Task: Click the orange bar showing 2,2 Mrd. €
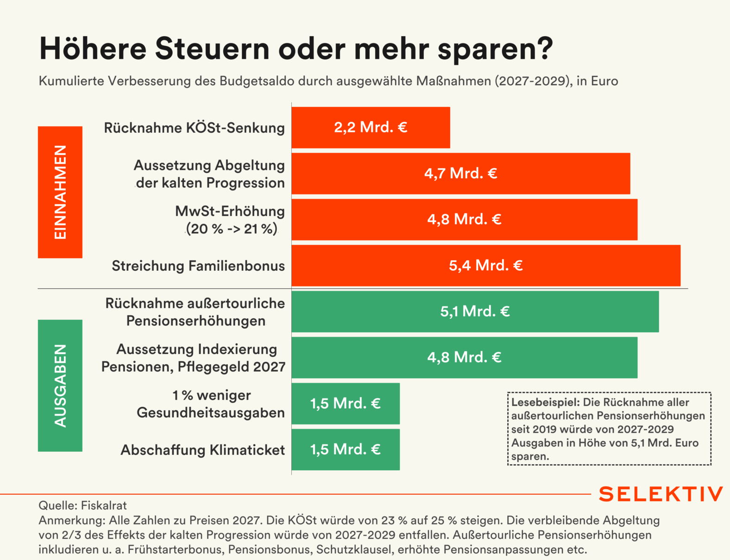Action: tap(371, 128)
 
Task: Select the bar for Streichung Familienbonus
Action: tap(485, 266)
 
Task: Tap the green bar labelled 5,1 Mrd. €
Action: tap(475, 311)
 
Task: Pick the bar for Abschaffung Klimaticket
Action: tap(345, 449)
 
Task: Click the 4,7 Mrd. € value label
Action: tap(460, 174)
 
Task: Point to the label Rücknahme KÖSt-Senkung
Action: tap(194, 128)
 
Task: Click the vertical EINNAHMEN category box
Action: tap(60, 192)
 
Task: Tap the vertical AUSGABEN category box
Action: tap(60, 386)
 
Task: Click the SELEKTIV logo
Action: tap(661, 494)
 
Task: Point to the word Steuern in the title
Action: tap(212, 48)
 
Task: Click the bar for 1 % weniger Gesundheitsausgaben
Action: tap(345, 404)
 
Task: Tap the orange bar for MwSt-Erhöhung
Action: tap(464, 219)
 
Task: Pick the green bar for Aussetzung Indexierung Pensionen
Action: tap(464, 357)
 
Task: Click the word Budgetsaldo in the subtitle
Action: tap(257, 81)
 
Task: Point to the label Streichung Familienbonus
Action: tap(198, 266)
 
